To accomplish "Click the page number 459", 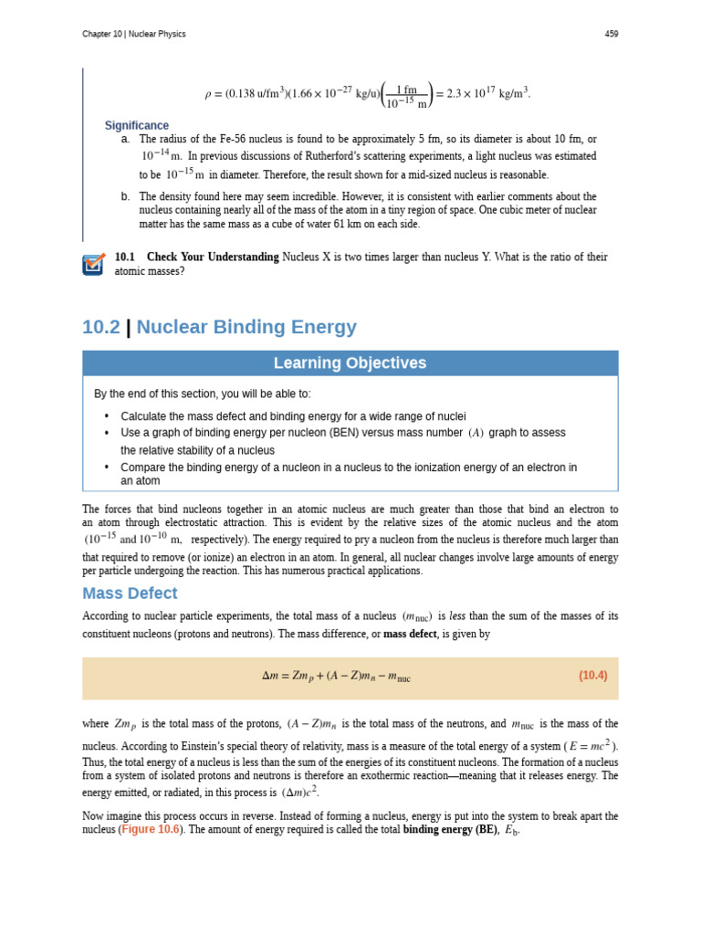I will point(611,35).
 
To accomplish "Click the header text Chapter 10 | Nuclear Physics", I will point(133,35).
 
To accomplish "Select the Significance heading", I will point(136,125).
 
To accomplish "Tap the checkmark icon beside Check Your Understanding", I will point(93,265).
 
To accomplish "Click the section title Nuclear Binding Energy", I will point(246,327).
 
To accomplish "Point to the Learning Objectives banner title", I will point(350,363).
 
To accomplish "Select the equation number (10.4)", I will point(592,676).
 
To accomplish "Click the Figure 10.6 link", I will point(151,829).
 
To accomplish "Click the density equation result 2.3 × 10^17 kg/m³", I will point(487,93).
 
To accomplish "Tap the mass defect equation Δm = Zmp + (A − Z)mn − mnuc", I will point(336,677).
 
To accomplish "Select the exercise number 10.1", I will point(124,257).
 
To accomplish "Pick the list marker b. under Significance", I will point(125,196).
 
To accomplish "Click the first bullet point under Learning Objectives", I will point(107,416).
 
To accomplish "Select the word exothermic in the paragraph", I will point(416,775).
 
